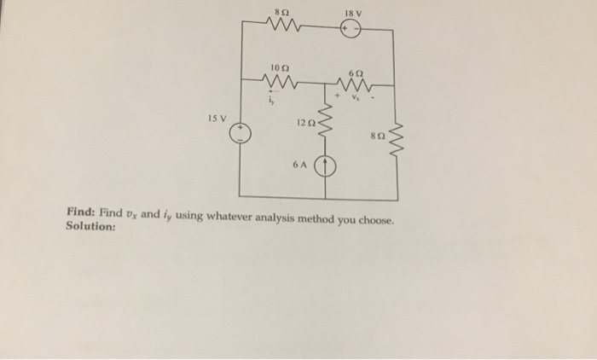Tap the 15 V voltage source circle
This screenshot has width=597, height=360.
242,135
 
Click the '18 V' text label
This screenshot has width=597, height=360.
351,10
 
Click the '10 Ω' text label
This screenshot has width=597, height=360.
279,67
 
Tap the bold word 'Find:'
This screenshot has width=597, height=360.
81,212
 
